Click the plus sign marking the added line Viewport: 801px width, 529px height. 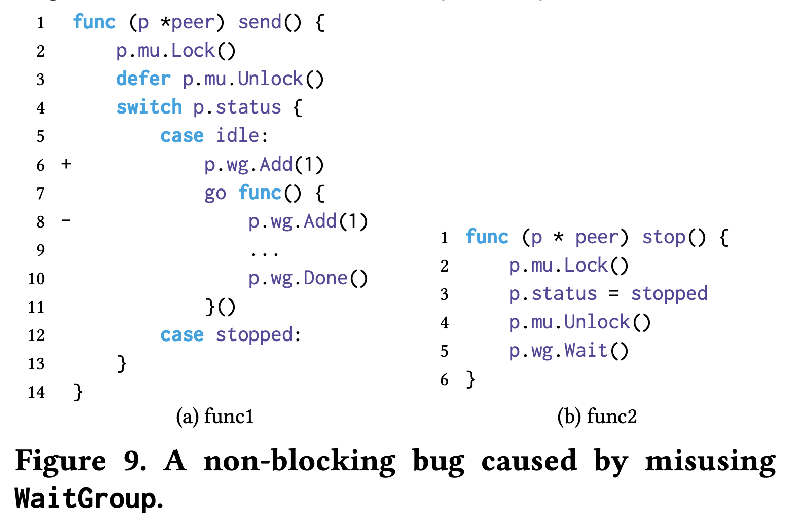pyautogui.click(x=66, y=164)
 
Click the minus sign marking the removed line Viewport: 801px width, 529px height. pyautogui.click(x=66, y=220)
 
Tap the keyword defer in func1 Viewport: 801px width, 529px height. pyautogui.click(x=143, y=79)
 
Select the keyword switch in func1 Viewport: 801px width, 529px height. pyautogui.click(x=149, y=107)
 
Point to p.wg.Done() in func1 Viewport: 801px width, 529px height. pyautogui.click(x=308, y=278)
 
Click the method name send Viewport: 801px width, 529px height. pyautogui.click(x=260, y=22)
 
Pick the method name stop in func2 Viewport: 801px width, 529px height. pyautogui.click(x=664, y=237)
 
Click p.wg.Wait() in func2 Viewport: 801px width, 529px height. pyautogui.click(x=568, y=351)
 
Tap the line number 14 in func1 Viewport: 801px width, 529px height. pyautogui.click(x=37, y=392)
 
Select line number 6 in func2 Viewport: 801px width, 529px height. pyautogui.click(x=445, y=380)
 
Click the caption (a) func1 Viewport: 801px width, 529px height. pyautogui.click(x=214, y=417)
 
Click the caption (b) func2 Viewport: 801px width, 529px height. pyautogui.click(x=597, y=417)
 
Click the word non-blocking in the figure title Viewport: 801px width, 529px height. pyautogui.click(x=299, y=461)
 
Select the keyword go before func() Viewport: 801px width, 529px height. pyautogui.click(x=215, y=194)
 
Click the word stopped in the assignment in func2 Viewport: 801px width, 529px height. pyautogui.click(x=669, y=294)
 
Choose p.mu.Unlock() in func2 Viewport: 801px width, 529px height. pyautogui.click(x=579, y=322)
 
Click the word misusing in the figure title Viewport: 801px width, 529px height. pyautogui.click(x=710, y=461)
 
